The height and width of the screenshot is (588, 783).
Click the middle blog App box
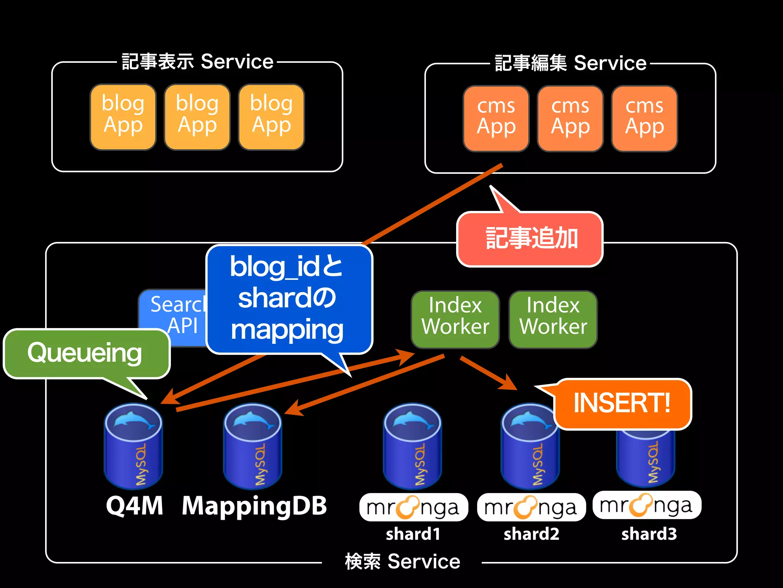[197, 117]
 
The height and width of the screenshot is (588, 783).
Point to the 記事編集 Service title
[570, 64]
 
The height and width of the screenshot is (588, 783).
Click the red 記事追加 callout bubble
[530, 239]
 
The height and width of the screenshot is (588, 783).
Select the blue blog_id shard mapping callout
[288, 299]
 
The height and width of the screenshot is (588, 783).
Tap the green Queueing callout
[86, 353]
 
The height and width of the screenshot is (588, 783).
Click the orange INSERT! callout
[622, 403]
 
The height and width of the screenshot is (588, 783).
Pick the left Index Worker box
[455, 318]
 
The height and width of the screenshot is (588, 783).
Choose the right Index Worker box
[553, 318]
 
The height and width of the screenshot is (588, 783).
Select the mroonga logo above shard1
[413, 508]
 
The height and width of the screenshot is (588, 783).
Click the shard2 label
[531, 534]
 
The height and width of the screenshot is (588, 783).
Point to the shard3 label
[649, 534]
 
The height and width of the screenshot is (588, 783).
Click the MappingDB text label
[254, 506]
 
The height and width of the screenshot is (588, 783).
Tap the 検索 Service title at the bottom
[402, 562]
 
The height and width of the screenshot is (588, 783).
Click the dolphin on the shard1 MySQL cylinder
[411, 420]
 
